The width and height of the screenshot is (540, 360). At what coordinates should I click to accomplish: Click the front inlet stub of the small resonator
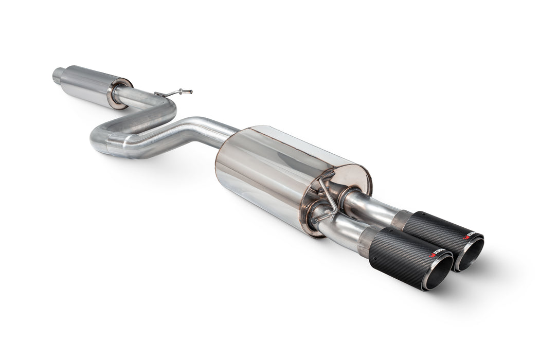pyautogui.click(x=58, y=76)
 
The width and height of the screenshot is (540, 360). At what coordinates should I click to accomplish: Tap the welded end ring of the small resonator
pyautogui.click(x=119, y=93)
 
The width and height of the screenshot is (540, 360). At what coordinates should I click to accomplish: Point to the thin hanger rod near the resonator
pyautogui.click(x=172, y=94)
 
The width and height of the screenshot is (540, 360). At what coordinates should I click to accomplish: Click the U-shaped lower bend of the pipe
pyautogui.click(x=100, y=138)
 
